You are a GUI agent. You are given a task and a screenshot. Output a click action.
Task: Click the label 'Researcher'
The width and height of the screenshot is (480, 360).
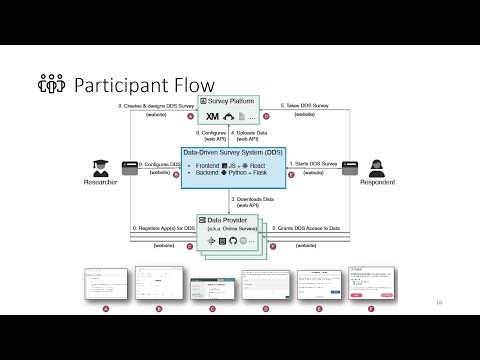tap(101, 183)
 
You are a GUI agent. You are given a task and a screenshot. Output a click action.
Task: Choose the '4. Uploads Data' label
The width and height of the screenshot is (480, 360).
tap(255, 131)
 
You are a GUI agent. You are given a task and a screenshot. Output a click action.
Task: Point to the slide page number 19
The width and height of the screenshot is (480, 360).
tap(439, 301)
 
